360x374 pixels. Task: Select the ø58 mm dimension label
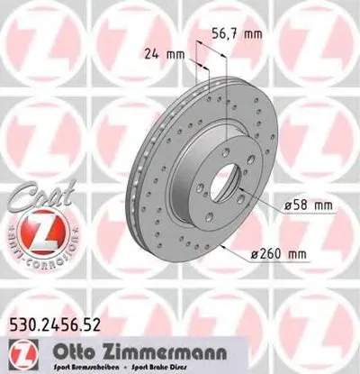point(309,205)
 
